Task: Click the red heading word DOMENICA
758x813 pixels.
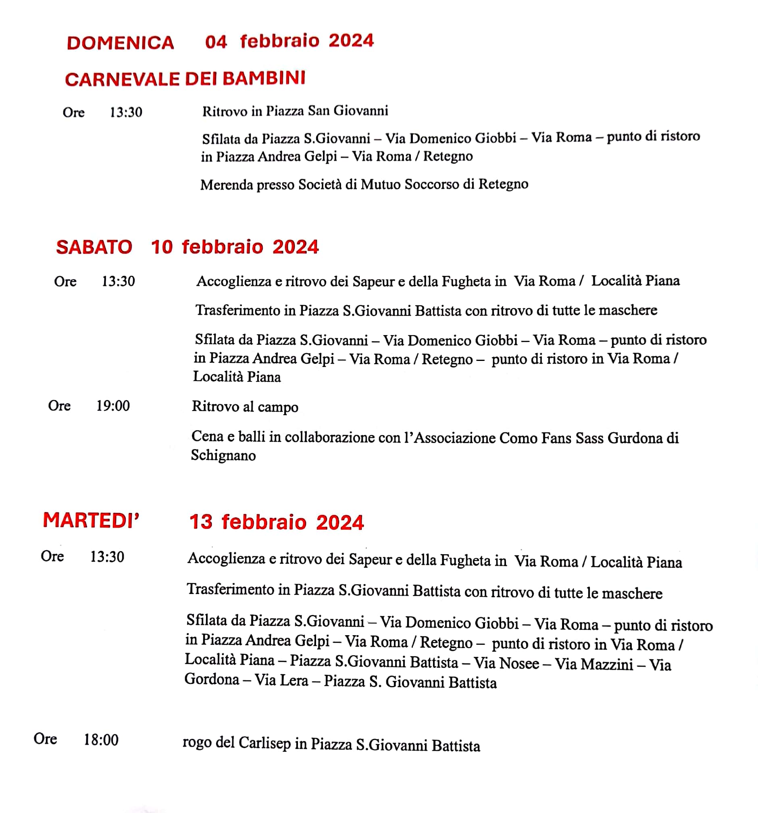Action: coord(121,43)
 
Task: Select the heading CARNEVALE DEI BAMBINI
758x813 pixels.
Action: coord(185,79)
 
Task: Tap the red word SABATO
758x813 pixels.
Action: coord(94,247)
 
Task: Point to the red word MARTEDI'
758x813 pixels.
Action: coord(91,520)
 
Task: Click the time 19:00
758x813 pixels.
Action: coord(113,406)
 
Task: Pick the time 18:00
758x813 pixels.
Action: coord(101,740)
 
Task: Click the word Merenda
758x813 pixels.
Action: coord(227,185)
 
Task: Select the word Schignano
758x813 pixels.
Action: coord(223,455)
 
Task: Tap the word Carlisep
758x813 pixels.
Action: coord(264,743)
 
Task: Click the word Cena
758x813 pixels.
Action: coord(207,436)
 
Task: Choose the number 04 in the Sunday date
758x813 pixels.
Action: coord(216,42)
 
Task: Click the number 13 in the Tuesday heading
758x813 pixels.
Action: coord(201,522)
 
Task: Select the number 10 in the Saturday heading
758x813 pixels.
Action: coord(162,247)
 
